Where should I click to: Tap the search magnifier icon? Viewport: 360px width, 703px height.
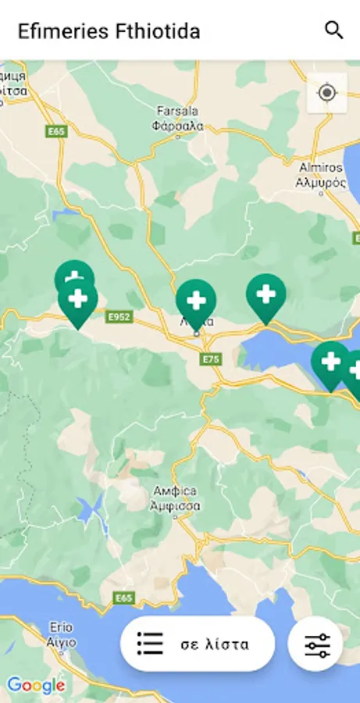click(333, 30)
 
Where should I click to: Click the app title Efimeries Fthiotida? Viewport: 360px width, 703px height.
click(109, 31)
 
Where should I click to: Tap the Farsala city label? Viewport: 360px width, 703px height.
click(179, 118)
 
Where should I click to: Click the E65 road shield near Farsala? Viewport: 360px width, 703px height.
click(56, 132)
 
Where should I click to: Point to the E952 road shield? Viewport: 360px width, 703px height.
click(119, 317)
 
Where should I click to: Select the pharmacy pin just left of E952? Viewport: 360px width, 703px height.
click(78, 300)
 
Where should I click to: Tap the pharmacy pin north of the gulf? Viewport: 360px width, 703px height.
click(266, 295)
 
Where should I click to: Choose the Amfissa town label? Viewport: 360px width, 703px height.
click(175, 498)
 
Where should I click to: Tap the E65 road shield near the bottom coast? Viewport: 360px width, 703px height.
click(123, 598)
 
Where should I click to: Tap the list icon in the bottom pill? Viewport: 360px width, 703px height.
click(150, 644)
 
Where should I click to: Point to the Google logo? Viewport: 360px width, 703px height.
click(36, 686)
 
